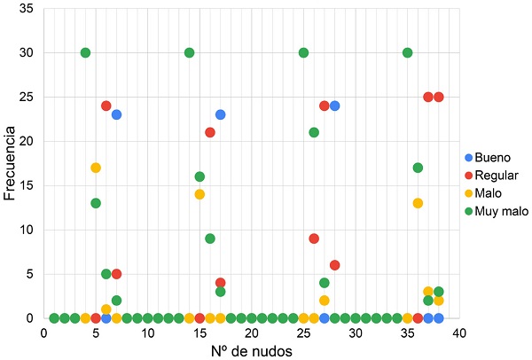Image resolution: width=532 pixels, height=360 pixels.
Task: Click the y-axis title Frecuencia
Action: tap(10, 163)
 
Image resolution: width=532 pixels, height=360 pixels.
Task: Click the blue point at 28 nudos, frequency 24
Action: tap(335, 106)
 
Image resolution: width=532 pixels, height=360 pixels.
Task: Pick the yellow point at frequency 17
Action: tap(96, 168)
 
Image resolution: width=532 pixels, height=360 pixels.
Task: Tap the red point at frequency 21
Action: tap(210, 132)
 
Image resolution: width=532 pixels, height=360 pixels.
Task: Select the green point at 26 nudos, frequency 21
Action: tap(314, 132)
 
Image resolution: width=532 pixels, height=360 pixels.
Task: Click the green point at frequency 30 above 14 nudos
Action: tap(189, 52)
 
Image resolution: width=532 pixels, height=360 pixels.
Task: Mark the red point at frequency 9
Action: tap(314, 239)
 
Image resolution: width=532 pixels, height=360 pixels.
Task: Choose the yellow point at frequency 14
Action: tap(199, 194)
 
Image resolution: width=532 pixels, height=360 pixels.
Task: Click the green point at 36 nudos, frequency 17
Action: tap(418, 168)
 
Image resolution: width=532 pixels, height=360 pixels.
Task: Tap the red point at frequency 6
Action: tap(335, 265)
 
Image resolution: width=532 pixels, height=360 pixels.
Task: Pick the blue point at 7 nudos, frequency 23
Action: tap(116, 114)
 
